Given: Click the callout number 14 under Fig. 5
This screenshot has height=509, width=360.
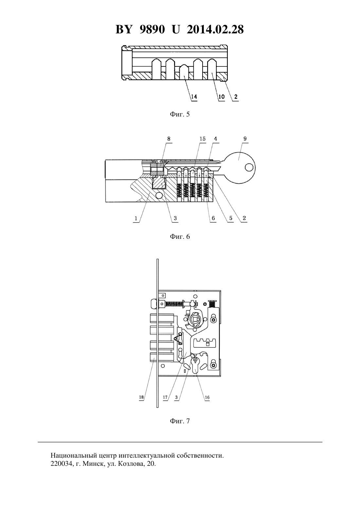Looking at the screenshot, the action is (194, 97).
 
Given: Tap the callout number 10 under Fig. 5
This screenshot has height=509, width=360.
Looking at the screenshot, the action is (221, 97).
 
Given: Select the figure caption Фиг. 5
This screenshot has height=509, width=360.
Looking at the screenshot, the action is (180, 114).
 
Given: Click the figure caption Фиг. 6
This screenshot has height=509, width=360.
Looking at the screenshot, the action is (180, 237).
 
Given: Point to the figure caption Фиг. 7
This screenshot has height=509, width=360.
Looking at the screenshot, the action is (180, 421).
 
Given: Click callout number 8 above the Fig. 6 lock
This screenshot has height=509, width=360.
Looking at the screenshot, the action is (169, 139).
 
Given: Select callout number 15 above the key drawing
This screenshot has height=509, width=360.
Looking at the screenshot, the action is (203, 139).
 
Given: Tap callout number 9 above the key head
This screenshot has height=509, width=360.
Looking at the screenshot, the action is (245, 139).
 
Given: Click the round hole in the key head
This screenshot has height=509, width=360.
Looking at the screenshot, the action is (249, 167).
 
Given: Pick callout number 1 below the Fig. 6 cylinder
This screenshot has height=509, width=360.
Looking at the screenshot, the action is (136, 219).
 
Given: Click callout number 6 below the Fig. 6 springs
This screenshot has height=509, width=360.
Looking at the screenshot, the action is (213, 218).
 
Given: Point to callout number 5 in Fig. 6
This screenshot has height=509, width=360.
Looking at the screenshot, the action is (231, 218).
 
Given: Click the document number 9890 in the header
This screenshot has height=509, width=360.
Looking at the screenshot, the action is (152, 29).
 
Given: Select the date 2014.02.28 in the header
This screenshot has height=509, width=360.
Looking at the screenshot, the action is (215, 29).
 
